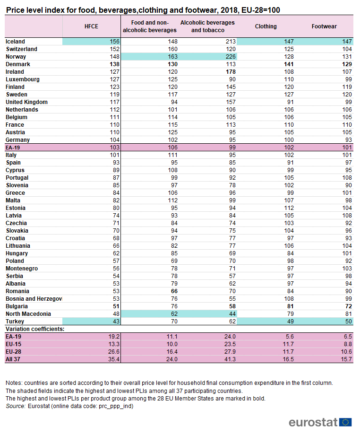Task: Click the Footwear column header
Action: point(324,26)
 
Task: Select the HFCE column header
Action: point(91,26)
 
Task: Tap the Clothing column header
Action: point(266,26)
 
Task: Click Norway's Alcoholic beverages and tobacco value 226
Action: point(231,57)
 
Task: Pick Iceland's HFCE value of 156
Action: point(114,42)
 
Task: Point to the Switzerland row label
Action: point(21,49)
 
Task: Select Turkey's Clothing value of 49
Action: point(291,322)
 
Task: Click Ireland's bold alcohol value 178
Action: point(231,72)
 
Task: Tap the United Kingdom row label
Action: point(26,102)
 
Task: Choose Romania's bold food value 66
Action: point(174,291)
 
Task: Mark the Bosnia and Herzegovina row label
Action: point(34,299)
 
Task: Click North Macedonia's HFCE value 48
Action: point(116,314)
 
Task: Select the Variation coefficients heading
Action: point(35,329)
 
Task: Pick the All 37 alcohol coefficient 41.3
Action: point(230,359)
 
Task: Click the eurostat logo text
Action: point(313,422)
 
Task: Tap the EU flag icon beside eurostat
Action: point(345,422)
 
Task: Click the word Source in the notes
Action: point(16,406)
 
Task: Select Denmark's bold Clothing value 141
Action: point(289,64)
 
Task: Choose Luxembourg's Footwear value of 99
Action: point(349,79)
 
